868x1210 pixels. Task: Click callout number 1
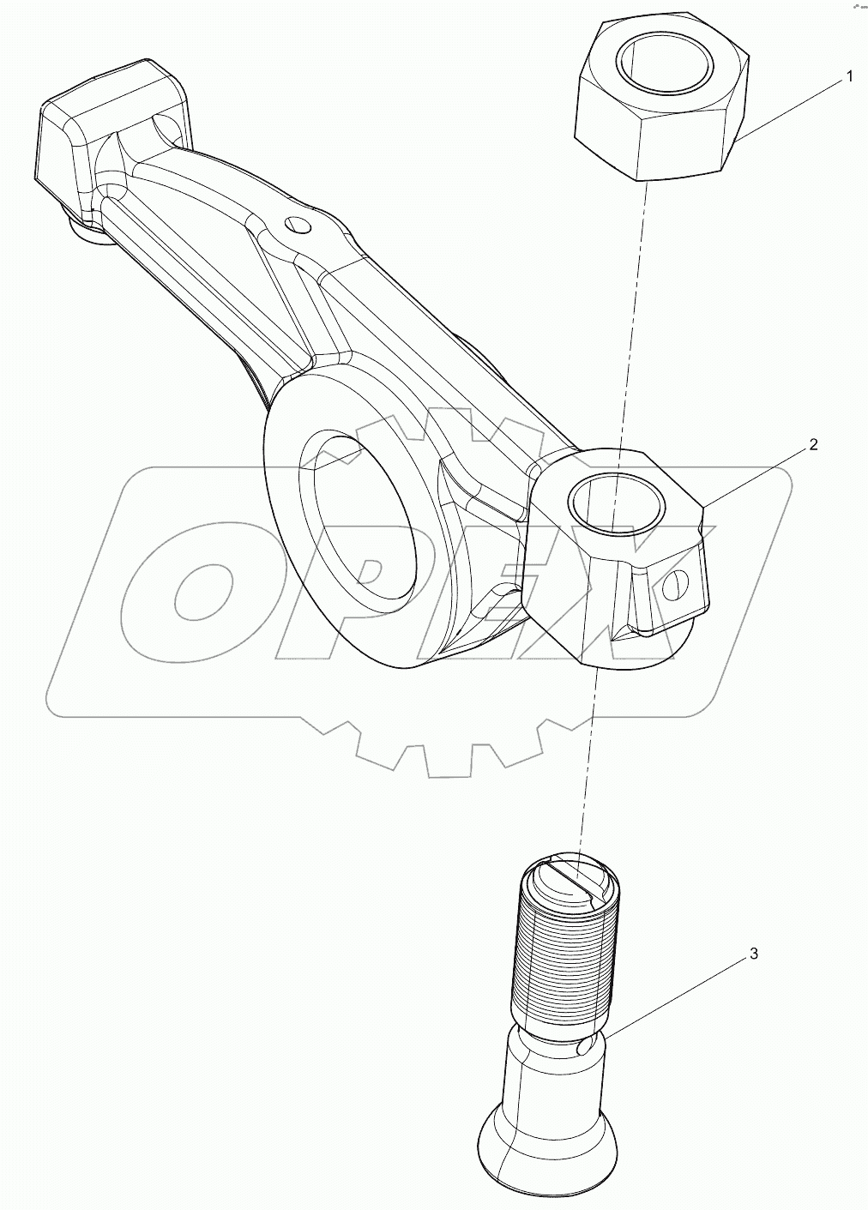(x=849, y=77)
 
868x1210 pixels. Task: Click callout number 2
(x=813, y=445)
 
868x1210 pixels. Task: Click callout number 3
(x=753, y=954)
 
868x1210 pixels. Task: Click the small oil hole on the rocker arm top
(x=298, y=226)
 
